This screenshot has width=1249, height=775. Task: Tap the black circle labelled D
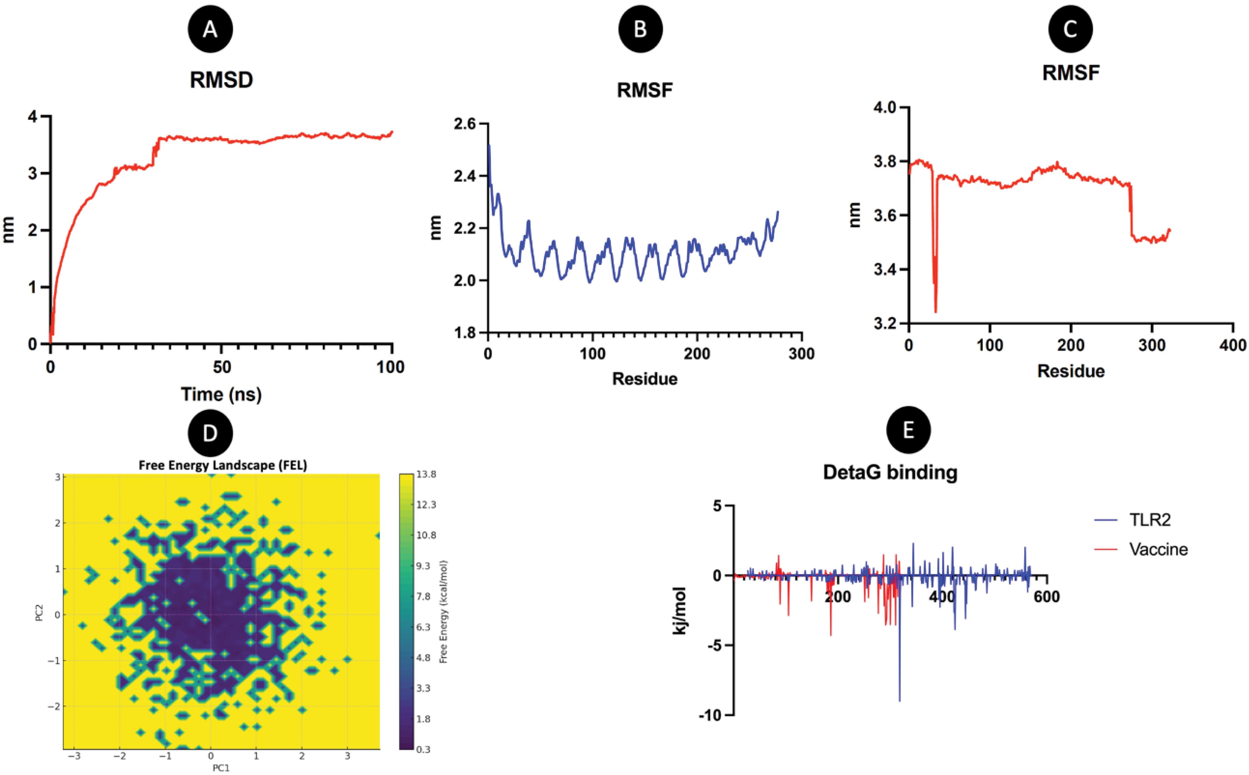[x=210, y=433]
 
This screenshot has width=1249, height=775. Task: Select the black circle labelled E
[x=909, y=431]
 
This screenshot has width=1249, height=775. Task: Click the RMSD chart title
[x=221, y=81]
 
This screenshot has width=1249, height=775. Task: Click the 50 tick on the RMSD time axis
[x=221, y=367]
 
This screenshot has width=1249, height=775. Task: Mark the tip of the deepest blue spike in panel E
[x=900, y=701]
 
